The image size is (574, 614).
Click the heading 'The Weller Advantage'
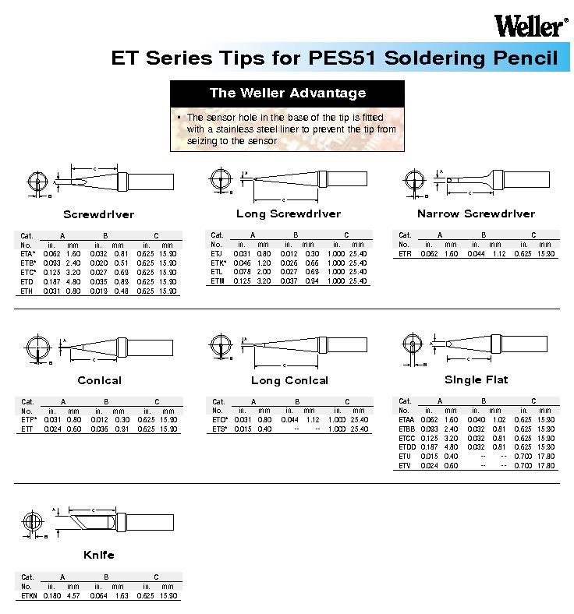point(287,93)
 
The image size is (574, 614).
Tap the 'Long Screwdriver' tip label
point(289,213)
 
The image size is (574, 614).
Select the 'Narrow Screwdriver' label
point(476,213)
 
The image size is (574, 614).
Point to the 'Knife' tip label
point(98,555)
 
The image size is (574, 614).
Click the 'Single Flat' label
point(476,379)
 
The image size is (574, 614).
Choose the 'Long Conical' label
point(289,380)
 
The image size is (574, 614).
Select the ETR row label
point(404,254)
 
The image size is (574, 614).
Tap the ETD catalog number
point(26,282)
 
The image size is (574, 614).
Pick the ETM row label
point(217,281)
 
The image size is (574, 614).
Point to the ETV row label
point(404,465)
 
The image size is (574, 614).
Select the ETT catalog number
point(27,429)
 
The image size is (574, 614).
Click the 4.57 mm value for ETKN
point(73,595)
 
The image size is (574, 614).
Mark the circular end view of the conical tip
point(37,346)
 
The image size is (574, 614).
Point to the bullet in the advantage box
point(179,116)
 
